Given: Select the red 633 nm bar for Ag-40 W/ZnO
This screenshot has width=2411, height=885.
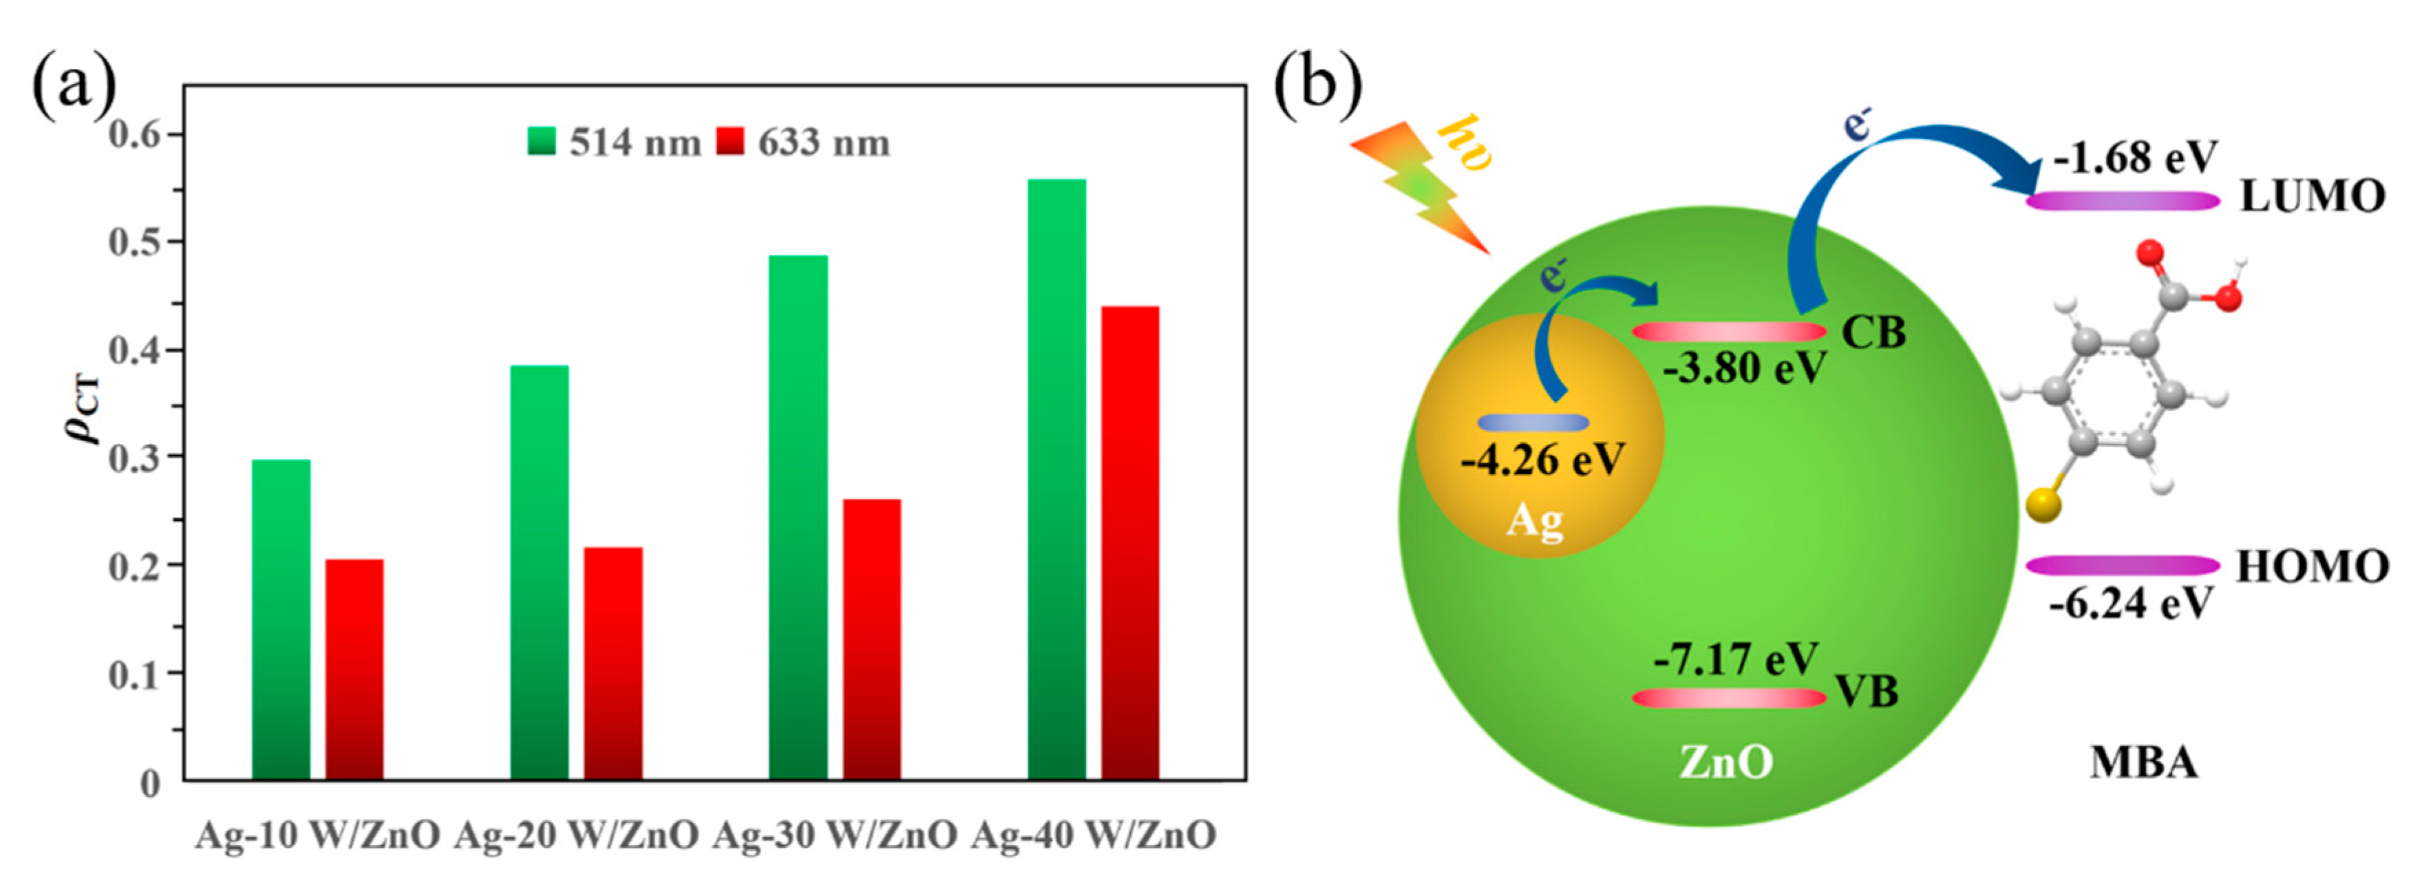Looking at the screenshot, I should (x=1129, y=542).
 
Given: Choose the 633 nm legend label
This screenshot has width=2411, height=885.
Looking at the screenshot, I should (x=824, y=143).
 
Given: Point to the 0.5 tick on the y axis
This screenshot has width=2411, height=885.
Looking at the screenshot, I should (x=136, y=242).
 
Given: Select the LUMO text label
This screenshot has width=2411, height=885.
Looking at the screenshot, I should (x=2312, y=198).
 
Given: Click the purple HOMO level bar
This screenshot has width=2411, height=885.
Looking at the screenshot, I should (x=2122, y=565).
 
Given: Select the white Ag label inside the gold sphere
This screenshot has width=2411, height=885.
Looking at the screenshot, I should (x=1534, y=520).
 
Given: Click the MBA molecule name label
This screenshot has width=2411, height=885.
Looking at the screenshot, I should (x=2144, y=763).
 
